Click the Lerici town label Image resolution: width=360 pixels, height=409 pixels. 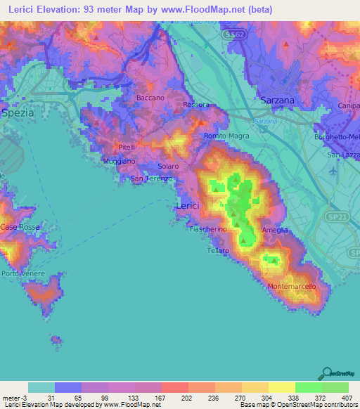[x=187, y=204]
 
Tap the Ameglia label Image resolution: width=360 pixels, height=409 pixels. [x=275, y=230]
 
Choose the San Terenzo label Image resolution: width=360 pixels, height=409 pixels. [x=152, y=179]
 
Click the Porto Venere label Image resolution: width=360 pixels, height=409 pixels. [x=23, y=273]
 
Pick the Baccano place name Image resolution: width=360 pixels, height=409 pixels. [x=150, y=98]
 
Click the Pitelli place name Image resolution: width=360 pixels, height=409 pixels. [x=127, y=147]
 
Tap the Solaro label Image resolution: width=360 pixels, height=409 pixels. [x=168, y=166]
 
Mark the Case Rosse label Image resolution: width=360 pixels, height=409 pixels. [x=18, y=227]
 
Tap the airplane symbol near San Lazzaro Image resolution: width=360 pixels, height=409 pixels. [x=333, y=170]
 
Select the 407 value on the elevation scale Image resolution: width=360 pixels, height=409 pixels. [x=347, y=398]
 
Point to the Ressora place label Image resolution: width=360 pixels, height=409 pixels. [x=195, y=105]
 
